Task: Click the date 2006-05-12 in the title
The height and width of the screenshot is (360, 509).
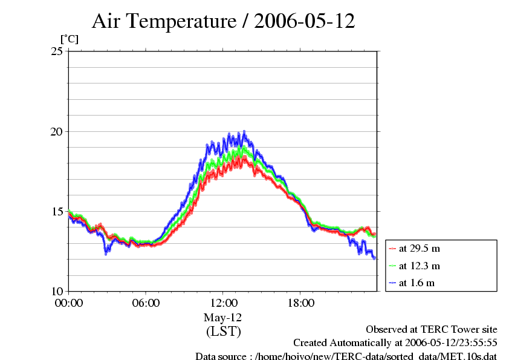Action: pos(305,22)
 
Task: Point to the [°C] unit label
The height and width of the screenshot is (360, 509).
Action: pos(69,39)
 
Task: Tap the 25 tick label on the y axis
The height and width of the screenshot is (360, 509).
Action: pos(57,51)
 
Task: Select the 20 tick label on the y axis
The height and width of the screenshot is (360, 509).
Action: pos(57,131)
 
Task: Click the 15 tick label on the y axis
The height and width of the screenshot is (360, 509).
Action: pos(57,211)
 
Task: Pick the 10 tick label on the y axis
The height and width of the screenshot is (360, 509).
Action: pos(57,291)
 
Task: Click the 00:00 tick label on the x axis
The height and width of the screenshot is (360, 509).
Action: pos(69,303)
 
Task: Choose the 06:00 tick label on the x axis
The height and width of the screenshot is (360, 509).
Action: pos(146,303)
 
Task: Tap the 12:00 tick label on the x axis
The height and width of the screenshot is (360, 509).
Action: pos(223,303)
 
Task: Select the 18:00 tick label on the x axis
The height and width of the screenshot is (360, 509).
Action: pos(300,303)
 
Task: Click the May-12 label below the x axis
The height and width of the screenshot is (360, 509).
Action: pos(223,318)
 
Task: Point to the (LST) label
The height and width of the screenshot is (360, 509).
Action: pos(223,332)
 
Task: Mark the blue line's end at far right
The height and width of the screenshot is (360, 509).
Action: pos(375,258)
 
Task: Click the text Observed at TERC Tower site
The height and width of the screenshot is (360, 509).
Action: pos(432,329)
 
